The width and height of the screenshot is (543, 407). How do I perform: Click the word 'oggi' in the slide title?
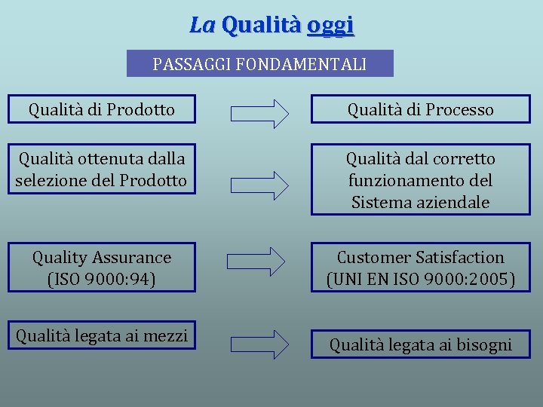pyautogui.click(x=330, y=26)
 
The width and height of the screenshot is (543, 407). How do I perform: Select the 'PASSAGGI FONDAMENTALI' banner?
pyautogui.click(x=259, y=64)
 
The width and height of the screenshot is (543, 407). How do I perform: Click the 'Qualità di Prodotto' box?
pyautogui.click(x=102, y=110)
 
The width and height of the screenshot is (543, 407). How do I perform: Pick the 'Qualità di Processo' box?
pyautogui.click(x=420, y=110)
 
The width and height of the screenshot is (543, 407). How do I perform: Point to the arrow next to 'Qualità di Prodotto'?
pyautogui.click(x=259, y=113)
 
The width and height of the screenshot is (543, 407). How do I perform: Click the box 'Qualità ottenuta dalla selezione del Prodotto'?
pyautogui.click(x=102, y=170)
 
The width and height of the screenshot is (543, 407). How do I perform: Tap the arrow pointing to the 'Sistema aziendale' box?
pyautogui.click(x=259, y=183)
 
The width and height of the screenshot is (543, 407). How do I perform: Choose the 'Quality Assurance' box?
pyautogui.click(x=102, y=268)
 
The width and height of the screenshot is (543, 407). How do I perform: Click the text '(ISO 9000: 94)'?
pyautogui.click(x=102, y=280)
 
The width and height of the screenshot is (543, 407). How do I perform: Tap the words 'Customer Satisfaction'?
pyautogui.click(x=420, y=258)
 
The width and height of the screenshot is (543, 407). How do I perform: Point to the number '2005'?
pyautogui.click(x=491, y=280)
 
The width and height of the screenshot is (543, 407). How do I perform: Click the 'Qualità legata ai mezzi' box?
pyautogui.click(x=102, y=336)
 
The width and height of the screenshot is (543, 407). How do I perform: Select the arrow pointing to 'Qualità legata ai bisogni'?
pyautogui.click(x=259, y=344)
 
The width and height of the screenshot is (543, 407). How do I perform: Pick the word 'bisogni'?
pyautogui.click(x=483, y=346)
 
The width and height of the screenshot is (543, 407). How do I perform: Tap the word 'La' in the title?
pyautogui.click(x=202, y=26)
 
